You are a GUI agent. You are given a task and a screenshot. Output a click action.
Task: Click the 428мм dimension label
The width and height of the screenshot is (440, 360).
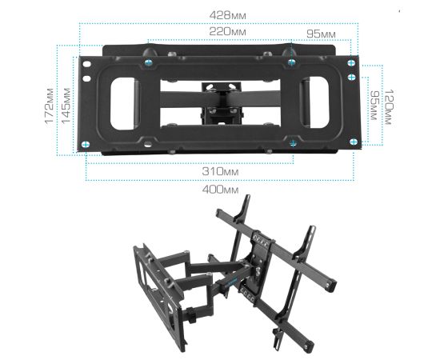227,15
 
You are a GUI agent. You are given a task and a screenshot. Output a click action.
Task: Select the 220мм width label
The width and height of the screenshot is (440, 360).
227,32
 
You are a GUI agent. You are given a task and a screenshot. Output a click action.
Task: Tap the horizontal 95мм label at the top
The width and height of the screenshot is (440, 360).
321,34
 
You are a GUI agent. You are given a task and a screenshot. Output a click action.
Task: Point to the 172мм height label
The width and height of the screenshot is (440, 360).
50,106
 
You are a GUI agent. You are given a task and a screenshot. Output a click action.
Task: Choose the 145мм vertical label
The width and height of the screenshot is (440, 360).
66,106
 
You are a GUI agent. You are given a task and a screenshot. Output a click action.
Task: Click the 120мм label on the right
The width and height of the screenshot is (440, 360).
388,107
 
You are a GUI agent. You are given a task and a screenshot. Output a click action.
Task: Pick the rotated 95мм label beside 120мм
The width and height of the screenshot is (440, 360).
374,106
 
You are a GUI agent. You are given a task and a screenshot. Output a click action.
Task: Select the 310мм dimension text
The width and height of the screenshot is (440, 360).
220,171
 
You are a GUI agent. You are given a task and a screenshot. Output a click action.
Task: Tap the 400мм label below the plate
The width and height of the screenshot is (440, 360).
220,190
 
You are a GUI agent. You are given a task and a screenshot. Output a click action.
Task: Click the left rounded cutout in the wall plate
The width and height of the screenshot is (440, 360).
122,103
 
